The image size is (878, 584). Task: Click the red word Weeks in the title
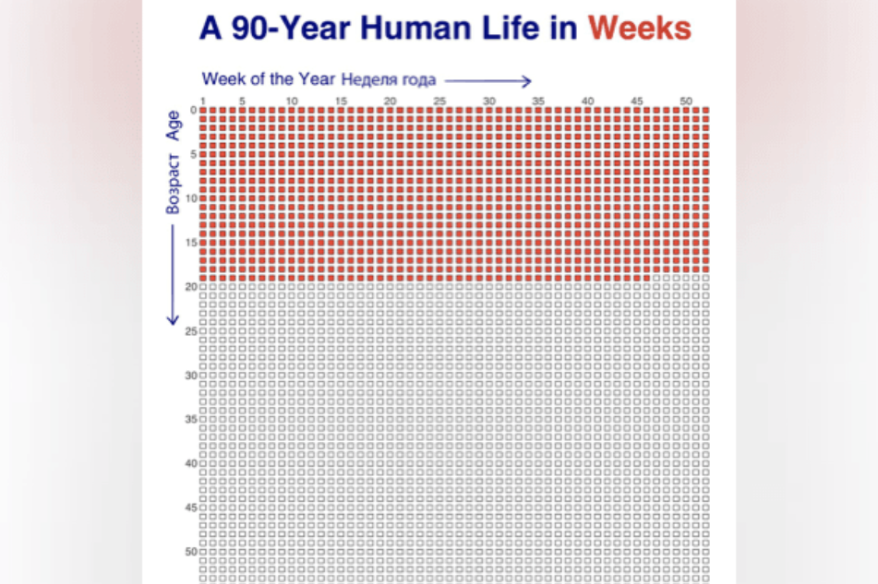[x=639, y=29]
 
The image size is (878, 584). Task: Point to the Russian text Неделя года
[x=388, y=79]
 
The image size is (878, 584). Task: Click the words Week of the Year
[x=269, y=78]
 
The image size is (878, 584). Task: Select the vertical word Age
[x=173, y=125]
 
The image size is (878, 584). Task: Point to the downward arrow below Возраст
[x=173, y=277]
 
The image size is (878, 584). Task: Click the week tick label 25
[x=439, y=101]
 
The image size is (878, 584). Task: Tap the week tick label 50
[x=686, y=101]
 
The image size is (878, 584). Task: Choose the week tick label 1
[x=203, y=101]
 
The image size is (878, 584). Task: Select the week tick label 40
[x=587, y=101]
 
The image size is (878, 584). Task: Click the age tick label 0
[x=193, y=110]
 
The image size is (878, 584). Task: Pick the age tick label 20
[x=191, y=287]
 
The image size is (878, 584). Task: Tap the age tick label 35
[x=191, y=420]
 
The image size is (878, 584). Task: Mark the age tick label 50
[x=191, y=552]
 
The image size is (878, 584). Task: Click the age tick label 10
[x=191, y=198]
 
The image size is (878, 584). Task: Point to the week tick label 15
[x=341, y=101]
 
